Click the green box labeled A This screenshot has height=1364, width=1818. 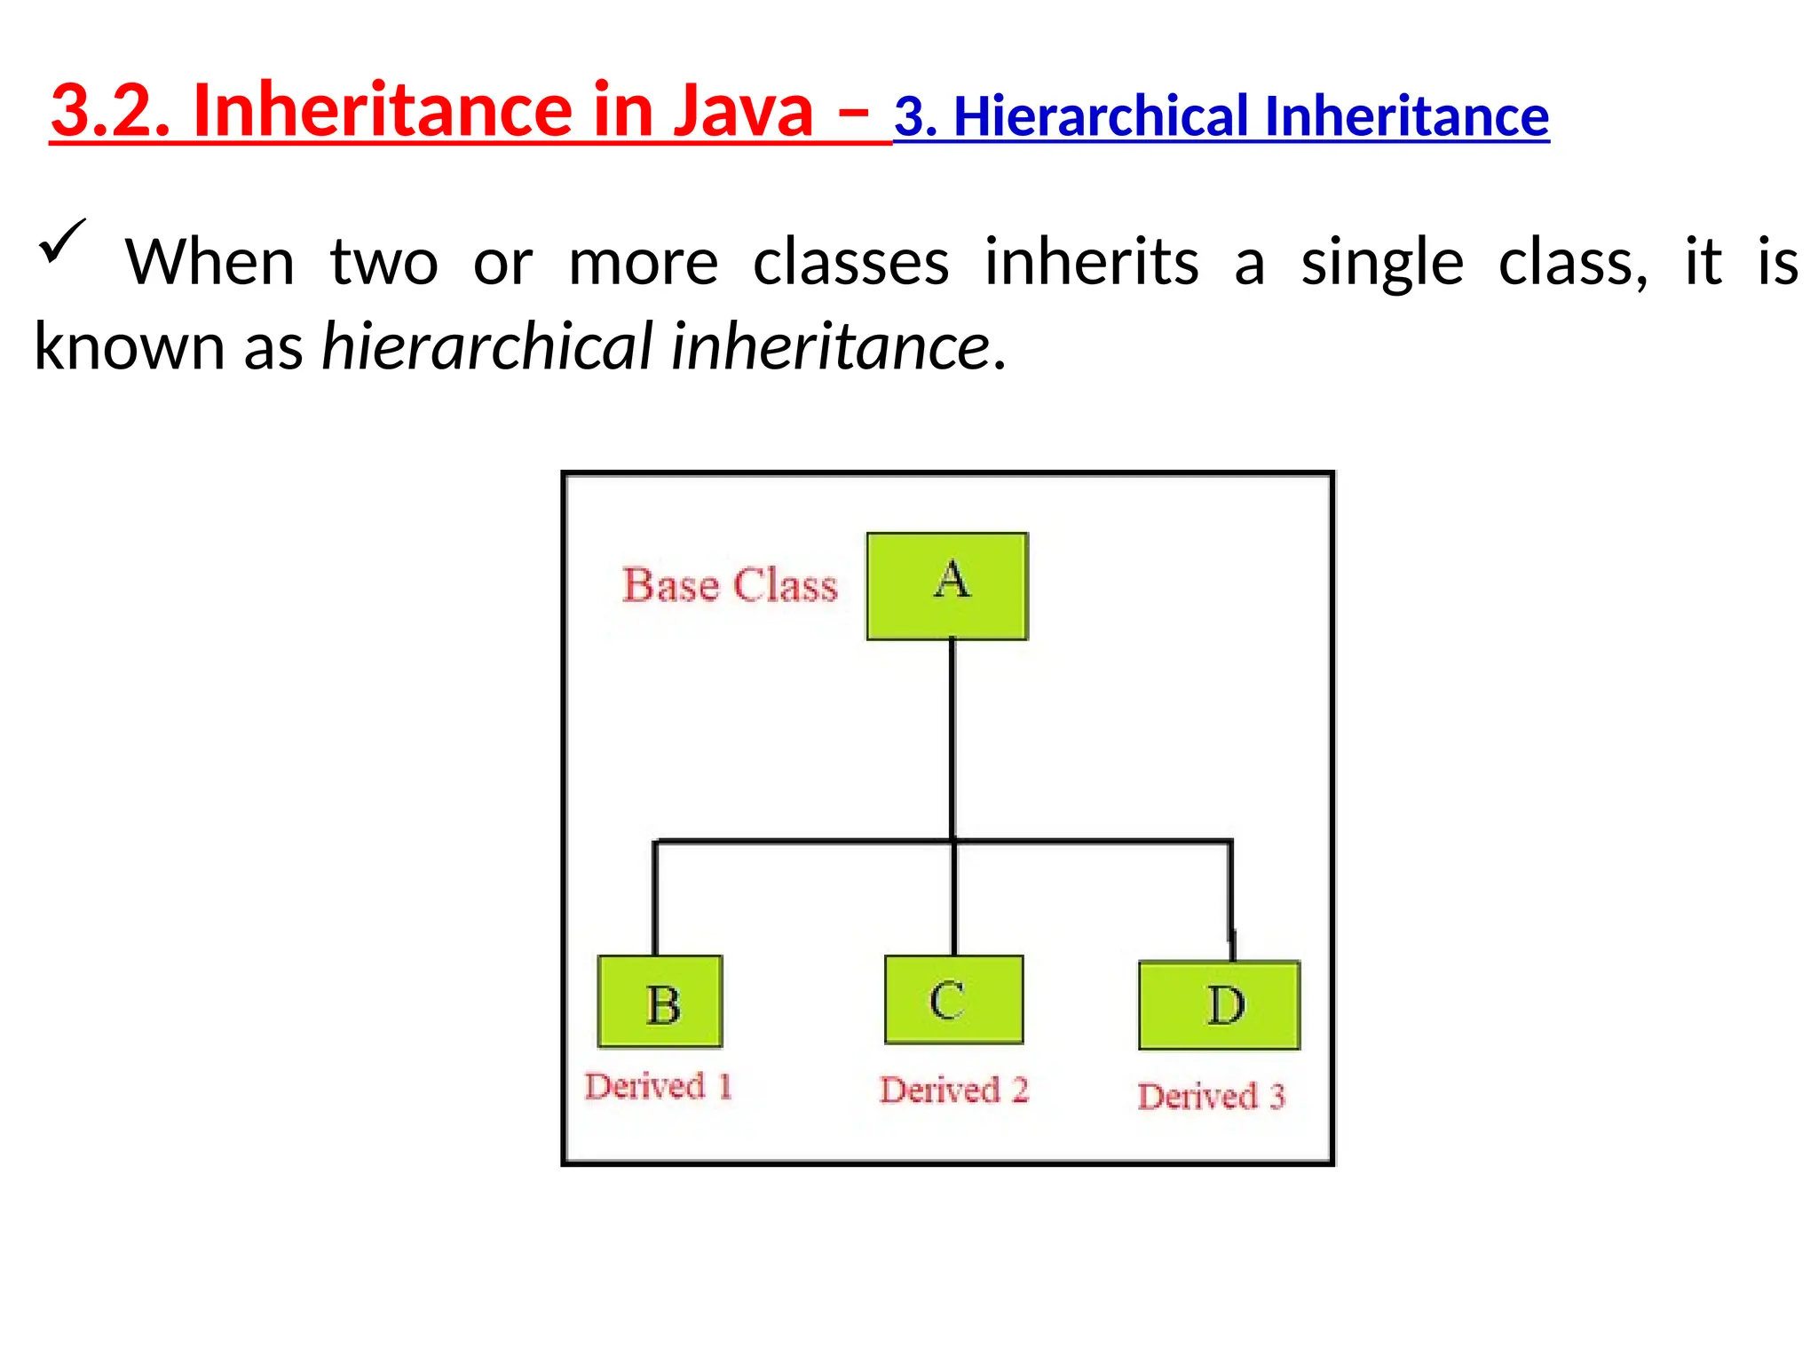pyautogui.click(x=947, y=586)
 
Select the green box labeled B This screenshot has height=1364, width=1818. pyautogui.click(x=660, y=1001)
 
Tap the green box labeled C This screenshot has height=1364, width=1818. pyautogui.click(x=953, y=999)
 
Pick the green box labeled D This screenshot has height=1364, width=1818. pyautogui.click(x=1219, y=1004)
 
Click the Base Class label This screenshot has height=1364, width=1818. pyautogui.click(x=730, y=585)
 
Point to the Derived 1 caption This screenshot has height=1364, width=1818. pyautogui.click(x=658, y=1086)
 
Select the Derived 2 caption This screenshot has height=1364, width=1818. pyautogui.click(x=954, y=1090)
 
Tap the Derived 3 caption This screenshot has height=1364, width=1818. pyautogui.click(x=1211, y=1096)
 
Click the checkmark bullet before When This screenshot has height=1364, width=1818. pyautogui.click(x=62, y=242)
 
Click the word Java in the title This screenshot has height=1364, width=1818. pyautogui.click(x=742, y=110)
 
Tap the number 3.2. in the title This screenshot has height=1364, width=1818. pyautogui.click(x=110, y=110)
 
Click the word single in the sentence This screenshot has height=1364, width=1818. pyautogui.click(x=1381, y=263)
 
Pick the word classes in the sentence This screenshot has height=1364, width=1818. pyautogui.click(x=850, y=263)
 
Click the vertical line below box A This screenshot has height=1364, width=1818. pyautogui.click(x=952, y=737)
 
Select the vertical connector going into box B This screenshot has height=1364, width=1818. pyautogui.click(x=655, y=897)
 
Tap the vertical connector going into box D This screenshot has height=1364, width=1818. pyautogui.click(x=1230, y=897)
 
